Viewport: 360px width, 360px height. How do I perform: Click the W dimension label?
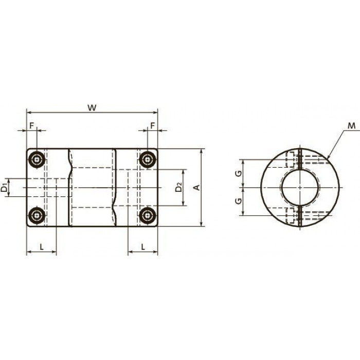click(x=92, y=107)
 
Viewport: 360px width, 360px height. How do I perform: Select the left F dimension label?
click(x=32, y=125)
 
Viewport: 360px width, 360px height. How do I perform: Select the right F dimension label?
click(x=152, y=125)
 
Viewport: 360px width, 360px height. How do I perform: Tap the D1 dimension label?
click(x=4, y=188)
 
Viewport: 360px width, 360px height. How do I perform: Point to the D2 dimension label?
click(x=178, y=187)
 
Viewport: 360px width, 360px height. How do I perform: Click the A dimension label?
click(x=197, y=187)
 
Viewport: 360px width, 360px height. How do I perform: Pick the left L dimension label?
click(x=42, y=247)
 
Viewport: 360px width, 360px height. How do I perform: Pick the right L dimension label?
click(x=143, y=247)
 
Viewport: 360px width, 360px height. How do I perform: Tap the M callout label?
click(x=351, y=126)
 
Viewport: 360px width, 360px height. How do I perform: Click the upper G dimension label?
click(x=239, y=173)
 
